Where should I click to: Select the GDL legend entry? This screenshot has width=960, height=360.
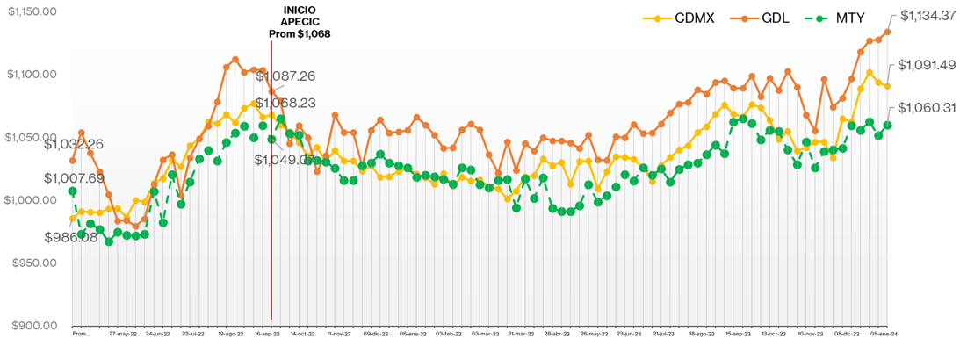(766, 17)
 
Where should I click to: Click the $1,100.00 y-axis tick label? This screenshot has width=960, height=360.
(32, 74)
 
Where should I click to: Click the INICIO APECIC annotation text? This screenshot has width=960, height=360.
(300, 21)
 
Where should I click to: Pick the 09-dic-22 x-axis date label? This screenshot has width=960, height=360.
(375, 335)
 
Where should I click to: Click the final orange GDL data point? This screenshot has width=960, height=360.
(888, 32)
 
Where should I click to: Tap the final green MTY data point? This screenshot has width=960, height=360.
(888, 125)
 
